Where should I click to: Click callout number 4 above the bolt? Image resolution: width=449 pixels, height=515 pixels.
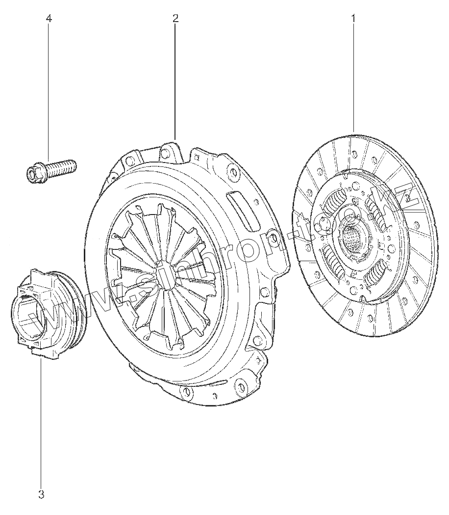click(x=49, y=18)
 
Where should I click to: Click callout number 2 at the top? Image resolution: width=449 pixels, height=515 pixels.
click(x=175, y=18)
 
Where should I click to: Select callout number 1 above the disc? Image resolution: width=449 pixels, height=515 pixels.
click(x=353, y=18)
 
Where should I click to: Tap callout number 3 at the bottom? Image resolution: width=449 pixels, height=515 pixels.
click(x=41, y=494)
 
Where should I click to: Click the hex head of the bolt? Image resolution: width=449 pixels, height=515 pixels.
click(x=33, y=173)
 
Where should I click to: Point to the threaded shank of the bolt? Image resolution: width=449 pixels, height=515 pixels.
click(x=61, y=166)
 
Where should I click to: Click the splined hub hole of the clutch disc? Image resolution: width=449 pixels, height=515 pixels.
click(x=352, y=238)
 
